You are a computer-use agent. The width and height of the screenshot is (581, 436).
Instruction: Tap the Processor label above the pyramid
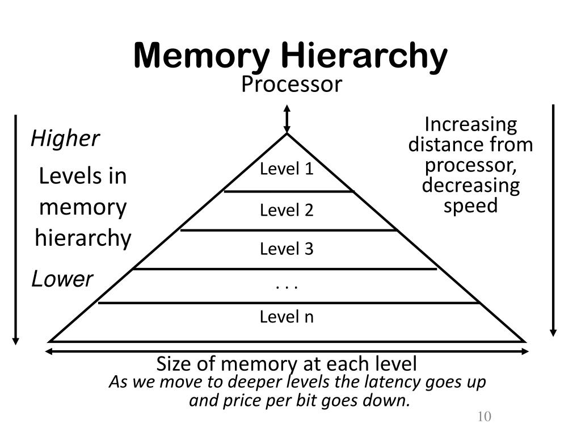pos(292,85)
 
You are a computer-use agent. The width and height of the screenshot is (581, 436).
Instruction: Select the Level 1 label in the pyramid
pos(287,169)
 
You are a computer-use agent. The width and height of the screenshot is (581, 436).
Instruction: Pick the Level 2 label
pos(287,211)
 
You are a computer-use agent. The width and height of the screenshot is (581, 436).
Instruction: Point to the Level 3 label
pos(287,249)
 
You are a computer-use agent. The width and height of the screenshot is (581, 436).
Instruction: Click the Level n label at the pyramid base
pos(287,316)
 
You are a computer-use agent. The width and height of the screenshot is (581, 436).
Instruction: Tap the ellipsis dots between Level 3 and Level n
pos(287,286)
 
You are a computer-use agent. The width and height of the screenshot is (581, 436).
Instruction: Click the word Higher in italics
pos(65,138)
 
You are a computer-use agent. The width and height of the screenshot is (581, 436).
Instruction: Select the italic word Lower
pos(62,279)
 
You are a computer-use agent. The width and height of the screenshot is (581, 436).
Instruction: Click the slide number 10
pos(484,417)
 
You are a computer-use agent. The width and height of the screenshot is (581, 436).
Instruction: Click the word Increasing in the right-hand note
pos(471,124)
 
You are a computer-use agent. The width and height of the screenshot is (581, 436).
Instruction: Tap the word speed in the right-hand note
pos(470,206)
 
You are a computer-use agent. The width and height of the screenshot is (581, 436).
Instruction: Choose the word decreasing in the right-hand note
pos(470,186)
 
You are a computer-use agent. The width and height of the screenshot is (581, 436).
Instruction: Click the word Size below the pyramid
pos(171,363)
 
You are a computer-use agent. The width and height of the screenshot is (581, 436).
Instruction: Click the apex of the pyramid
pos(288,135)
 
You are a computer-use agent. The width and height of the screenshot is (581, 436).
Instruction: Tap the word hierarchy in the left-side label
pos(83,238)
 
